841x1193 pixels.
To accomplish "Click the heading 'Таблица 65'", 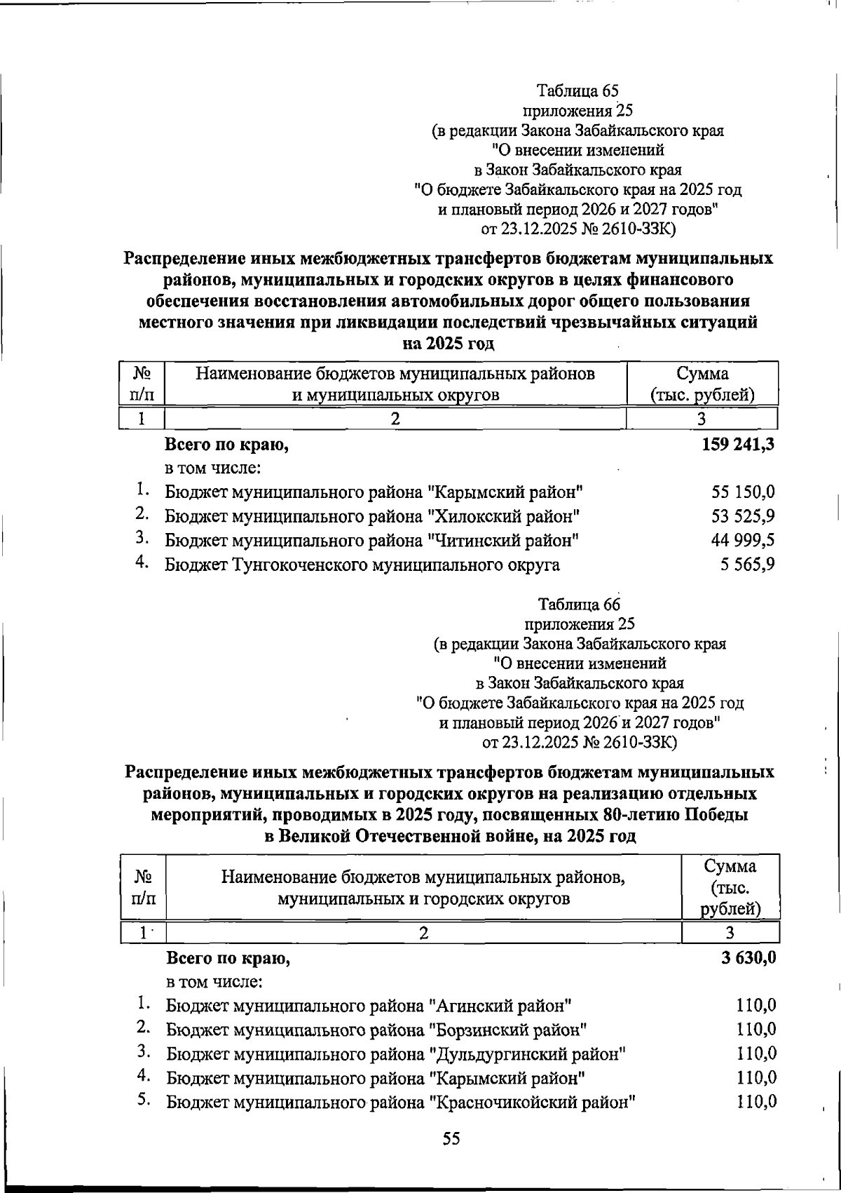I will pos(577,90).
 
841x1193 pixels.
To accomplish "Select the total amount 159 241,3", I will pos(737,444).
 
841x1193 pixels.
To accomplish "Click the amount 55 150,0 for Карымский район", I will pos(744,492).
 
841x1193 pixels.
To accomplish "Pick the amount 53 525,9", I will pos(744,517).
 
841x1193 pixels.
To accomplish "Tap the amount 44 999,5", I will pos(744,541).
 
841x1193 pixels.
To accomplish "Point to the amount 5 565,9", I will pos(748,565).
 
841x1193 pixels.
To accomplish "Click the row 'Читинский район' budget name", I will pos(371,541).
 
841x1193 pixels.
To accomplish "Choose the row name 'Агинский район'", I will pos(369,1006).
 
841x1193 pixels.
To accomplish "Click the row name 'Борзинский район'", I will pos(376,1030).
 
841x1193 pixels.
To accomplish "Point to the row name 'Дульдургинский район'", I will pos(395,1053).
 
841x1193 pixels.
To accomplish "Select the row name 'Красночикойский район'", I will pos(400,1102).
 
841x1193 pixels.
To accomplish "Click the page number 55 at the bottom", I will pos(451,1139).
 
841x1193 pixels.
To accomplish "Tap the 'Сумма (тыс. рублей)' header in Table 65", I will pos(702,384).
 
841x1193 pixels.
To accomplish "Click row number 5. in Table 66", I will pos(144,1100).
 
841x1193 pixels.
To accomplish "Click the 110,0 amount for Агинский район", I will pos(756,1006).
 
